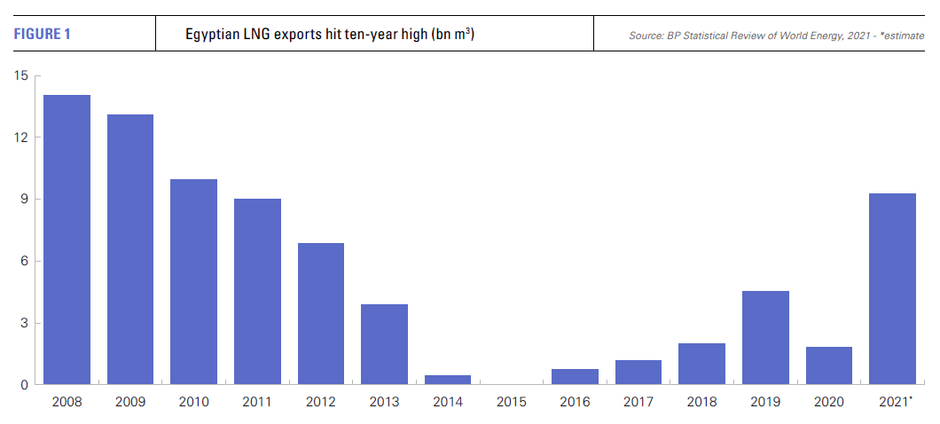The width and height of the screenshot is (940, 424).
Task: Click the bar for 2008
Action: (67, 239)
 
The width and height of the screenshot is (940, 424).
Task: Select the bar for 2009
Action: (130, 249)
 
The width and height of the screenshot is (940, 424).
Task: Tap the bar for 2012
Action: (321, 313)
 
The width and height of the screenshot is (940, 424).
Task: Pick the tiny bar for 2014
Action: (448, 380)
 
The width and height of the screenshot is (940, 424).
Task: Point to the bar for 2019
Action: (765, 337)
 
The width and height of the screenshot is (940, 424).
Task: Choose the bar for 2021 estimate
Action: (892, 288)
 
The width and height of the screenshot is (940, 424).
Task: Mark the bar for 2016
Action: (575, 376)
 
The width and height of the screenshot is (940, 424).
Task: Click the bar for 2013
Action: (384, 344)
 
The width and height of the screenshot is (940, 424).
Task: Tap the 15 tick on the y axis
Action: (21, 76)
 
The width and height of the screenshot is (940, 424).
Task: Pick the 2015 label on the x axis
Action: (511, 403)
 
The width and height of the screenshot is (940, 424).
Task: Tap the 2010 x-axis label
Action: (194, 403)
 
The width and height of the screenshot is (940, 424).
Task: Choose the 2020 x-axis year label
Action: (828, 403)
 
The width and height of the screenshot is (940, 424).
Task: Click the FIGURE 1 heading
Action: (42, 35)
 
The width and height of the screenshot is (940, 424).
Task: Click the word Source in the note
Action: (646, 35)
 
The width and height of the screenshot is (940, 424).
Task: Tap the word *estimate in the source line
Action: (901, 35)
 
